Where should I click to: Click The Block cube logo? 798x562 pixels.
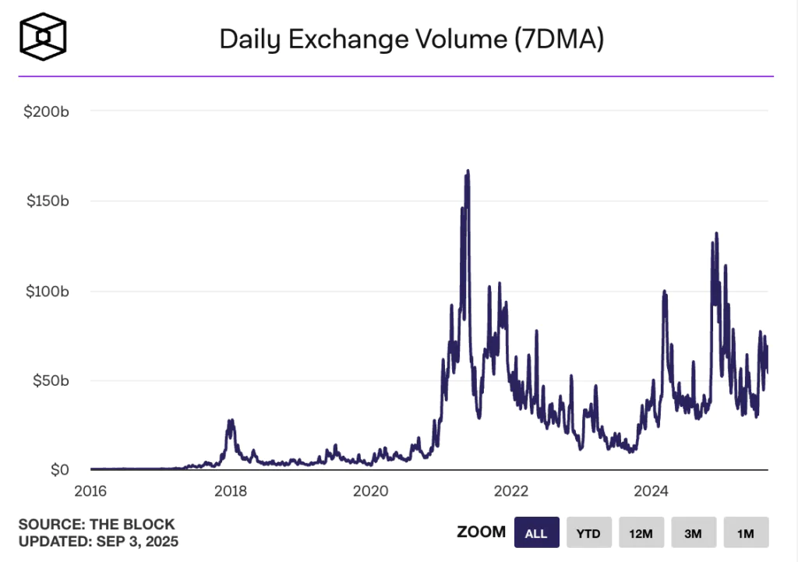pos(44,36)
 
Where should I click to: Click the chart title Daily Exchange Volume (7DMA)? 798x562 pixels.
pos(411,39)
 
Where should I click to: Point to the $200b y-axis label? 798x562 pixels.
pos(47,111)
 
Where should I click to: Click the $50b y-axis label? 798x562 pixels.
pos(50,381)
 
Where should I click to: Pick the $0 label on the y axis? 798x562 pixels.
pos(60,471)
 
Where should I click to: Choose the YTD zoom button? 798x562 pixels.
pos(588,533)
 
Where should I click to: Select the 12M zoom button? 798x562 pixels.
pos(641,533)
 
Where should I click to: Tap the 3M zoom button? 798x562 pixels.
pos(694,533)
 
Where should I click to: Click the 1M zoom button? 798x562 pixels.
pos(746,533)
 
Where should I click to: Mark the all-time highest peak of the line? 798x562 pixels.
pos(468,171)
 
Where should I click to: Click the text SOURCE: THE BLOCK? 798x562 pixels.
pos(97,525)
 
